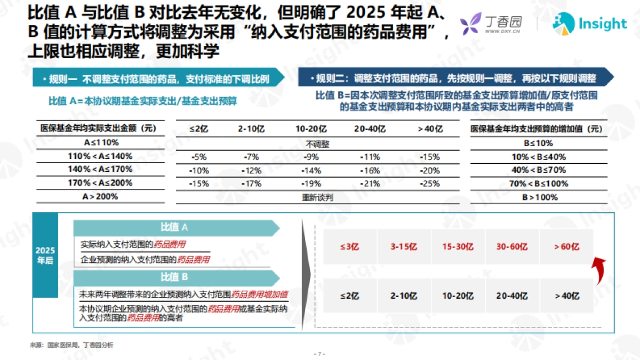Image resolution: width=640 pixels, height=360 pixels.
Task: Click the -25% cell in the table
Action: click(x=430, y=184)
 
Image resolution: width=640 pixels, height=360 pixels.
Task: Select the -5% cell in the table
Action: click(x=198, y=157)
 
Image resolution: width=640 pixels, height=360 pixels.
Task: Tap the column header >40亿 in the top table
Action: click(x=430, y=129)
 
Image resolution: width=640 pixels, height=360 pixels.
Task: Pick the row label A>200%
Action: click(x=101, y=197)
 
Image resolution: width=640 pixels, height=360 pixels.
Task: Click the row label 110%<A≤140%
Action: click(x=101, y=157)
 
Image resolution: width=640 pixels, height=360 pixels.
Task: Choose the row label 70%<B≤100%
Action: click(x=539, y=184)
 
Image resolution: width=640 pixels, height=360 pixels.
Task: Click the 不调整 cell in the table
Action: click(x=318, y=143)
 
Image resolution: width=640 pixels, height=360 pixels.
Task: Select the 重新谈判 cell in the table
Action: click(x=318, y=197)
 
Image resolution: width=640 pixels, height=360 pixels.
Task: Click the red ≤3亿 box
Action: click(x=350, y=247)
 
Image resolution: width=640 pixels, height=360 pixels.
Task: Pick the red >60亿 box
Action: click(x=566, y=247)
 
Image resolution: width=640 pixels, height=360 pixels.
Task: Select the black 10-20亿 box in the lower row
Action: click(x=458, y=296)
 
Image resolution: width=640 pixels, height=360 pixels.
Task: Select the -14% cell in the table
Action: click(x=311, y=171)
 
